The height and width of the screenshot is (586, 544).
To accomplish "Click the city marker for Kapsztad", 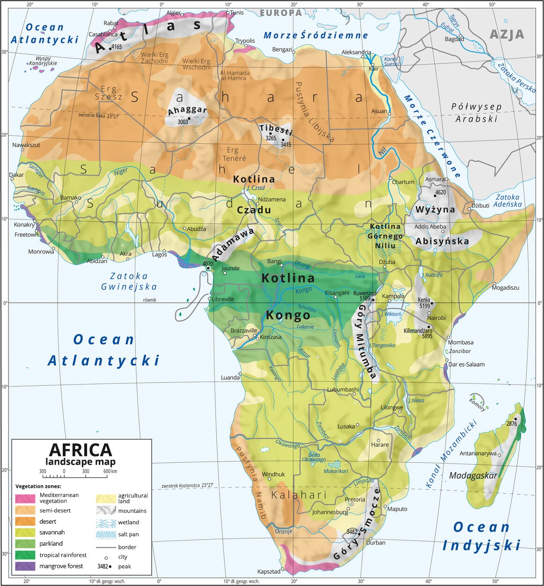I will pos(283,570).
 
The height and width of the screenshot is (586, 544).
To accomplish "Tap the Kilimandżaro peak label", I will pos(418,331).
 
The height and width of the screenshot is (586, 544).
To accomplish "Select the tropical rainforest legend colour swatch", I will pos(25,555).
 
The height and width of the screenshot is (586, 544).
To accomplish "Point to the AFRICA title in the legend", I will pos(81,450).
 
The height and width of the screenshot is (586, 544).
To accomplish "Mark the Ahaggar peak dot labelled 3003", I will pos(189,119).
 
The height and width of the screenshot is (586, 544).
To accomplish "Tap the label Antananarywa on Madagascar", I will pos(478,453).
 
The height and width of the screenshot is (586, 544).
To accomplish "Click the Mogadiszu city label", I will pos(506,287).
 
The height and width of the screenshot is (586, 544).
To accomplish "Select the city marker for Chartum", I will pos(390,178).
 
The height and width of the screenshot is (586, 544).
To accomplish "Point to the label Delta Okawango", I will pos(314,457).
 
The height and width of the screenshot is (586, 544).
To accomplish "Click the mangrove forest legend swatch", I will pos(25,566).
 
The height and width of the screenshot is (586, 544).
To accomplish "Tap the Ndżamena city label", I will pos(272,199).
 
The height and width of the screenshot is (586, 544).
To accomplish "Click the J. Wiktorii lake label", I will pos(391,314).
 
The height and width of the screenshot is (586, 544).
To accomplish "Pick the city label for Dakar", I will pos(16,175).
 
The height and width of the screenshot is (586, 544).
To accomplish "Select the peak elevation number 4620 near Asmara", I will pos(440,192).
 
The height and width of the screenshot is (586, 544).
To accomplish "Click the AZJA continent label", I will pos(507,34).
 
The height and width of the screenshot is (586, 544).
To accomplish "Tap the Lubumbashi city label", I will pos(343,390).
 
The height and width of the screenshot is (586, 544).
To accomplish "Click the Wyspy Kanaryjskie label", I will pos(43,60).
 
